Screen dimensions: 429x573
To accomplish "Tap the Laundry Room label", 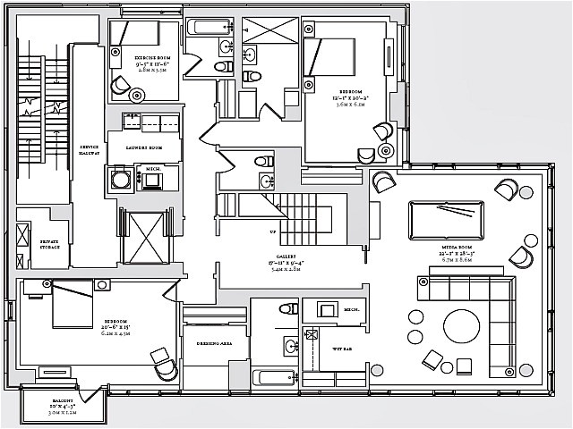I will pos(142,147).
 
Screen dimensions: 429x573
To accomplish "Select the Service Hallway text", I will pos(90,150).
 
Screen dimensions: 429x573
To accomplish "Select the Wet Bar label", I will pos(339,348).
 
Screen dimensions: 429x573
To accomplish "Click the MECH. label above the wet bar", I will pos(351,311).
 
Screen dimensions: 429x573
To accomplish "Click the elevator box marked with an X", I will pos(147,237).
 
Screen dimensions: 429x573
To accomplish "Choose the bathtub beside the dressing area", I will pos(272,377).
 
